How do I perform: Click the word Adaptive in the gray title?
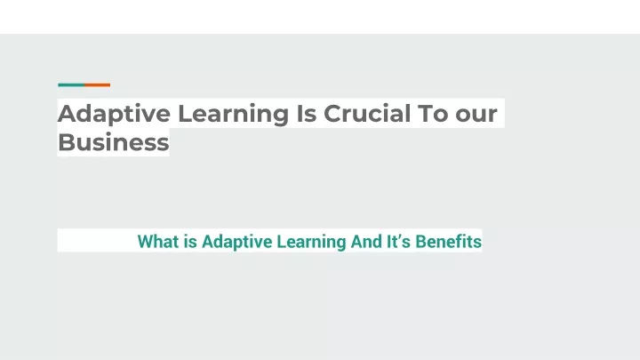tap(114, 115)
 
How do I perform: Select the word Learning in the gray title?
tap(234, 115)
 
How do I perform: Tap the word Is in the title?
tap(306, 113)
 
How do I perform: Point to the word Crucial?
tap(367, 113)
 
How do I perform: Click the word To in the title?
tap(433, 113)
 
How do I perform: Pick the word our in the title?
tap(476, 116)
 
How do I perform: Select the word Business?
tap(114, 142)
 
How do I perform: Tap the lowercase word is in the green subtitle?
tap(190, 241)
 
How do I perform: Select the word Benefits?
tap(448, 241)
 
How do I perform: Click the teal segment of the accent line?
tap(71, 85)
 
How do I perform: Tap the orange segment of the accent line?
tap(98, 85)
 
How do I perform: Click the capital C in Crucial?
tap(333, 113)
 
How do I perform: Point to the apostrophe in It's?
tap(402, 236)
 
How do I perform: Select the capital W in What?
tap(146, 241)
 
